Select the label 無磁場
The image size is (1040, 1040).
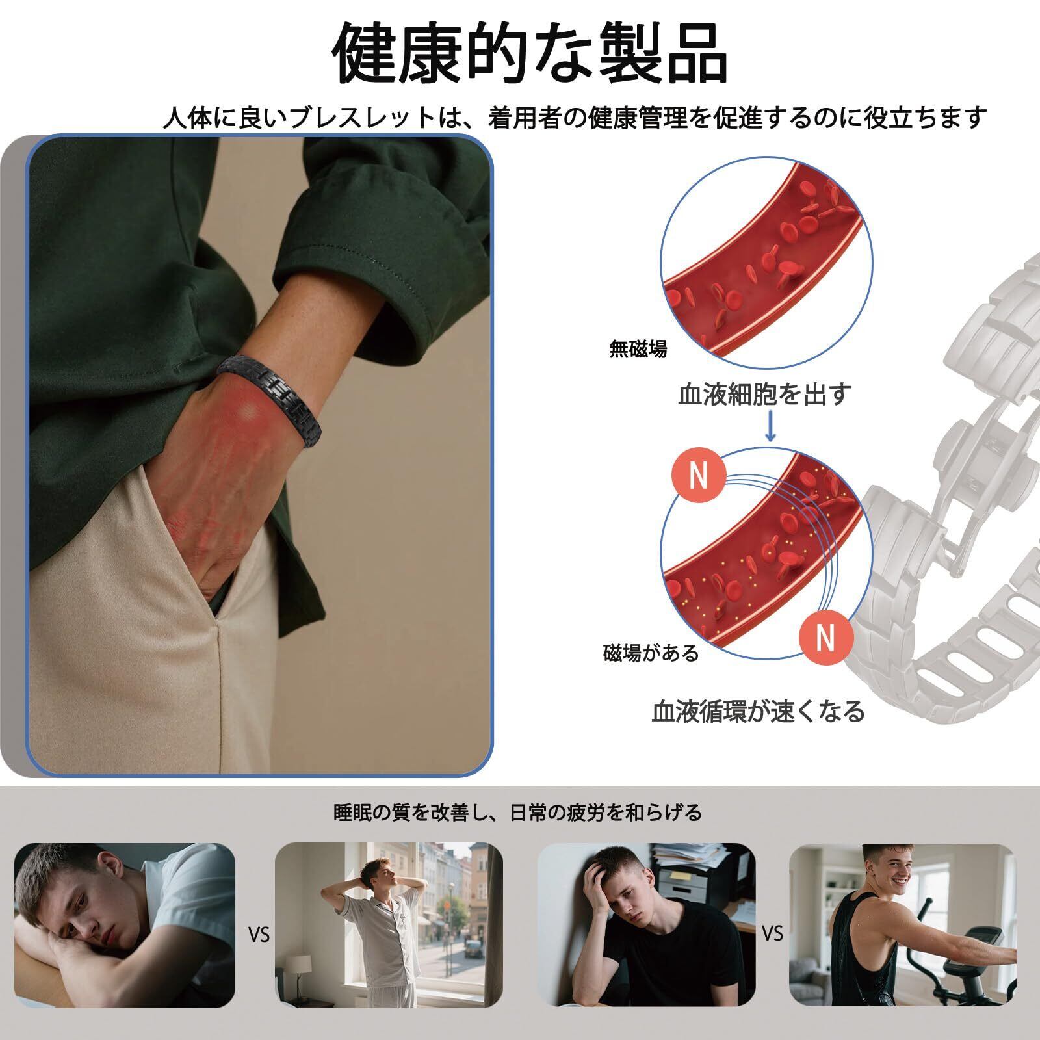[638, 350]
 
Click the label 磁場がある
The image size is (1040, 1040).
[651, 653]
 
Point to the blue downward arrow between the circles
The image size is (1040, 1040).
[770, 425]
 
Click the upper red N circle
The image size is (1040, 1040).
[699, 476]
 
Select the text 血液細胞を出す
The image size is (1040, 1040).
[764, 394]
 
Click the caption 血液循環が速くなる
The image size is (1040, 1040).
[759, 711]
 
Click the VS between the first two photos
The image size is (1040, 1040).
[259, 936]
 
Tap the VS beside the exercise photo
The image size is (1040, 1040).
[772, 933]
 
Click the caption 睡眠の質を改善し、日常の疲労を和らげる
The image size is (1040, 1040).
[517, 812]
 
